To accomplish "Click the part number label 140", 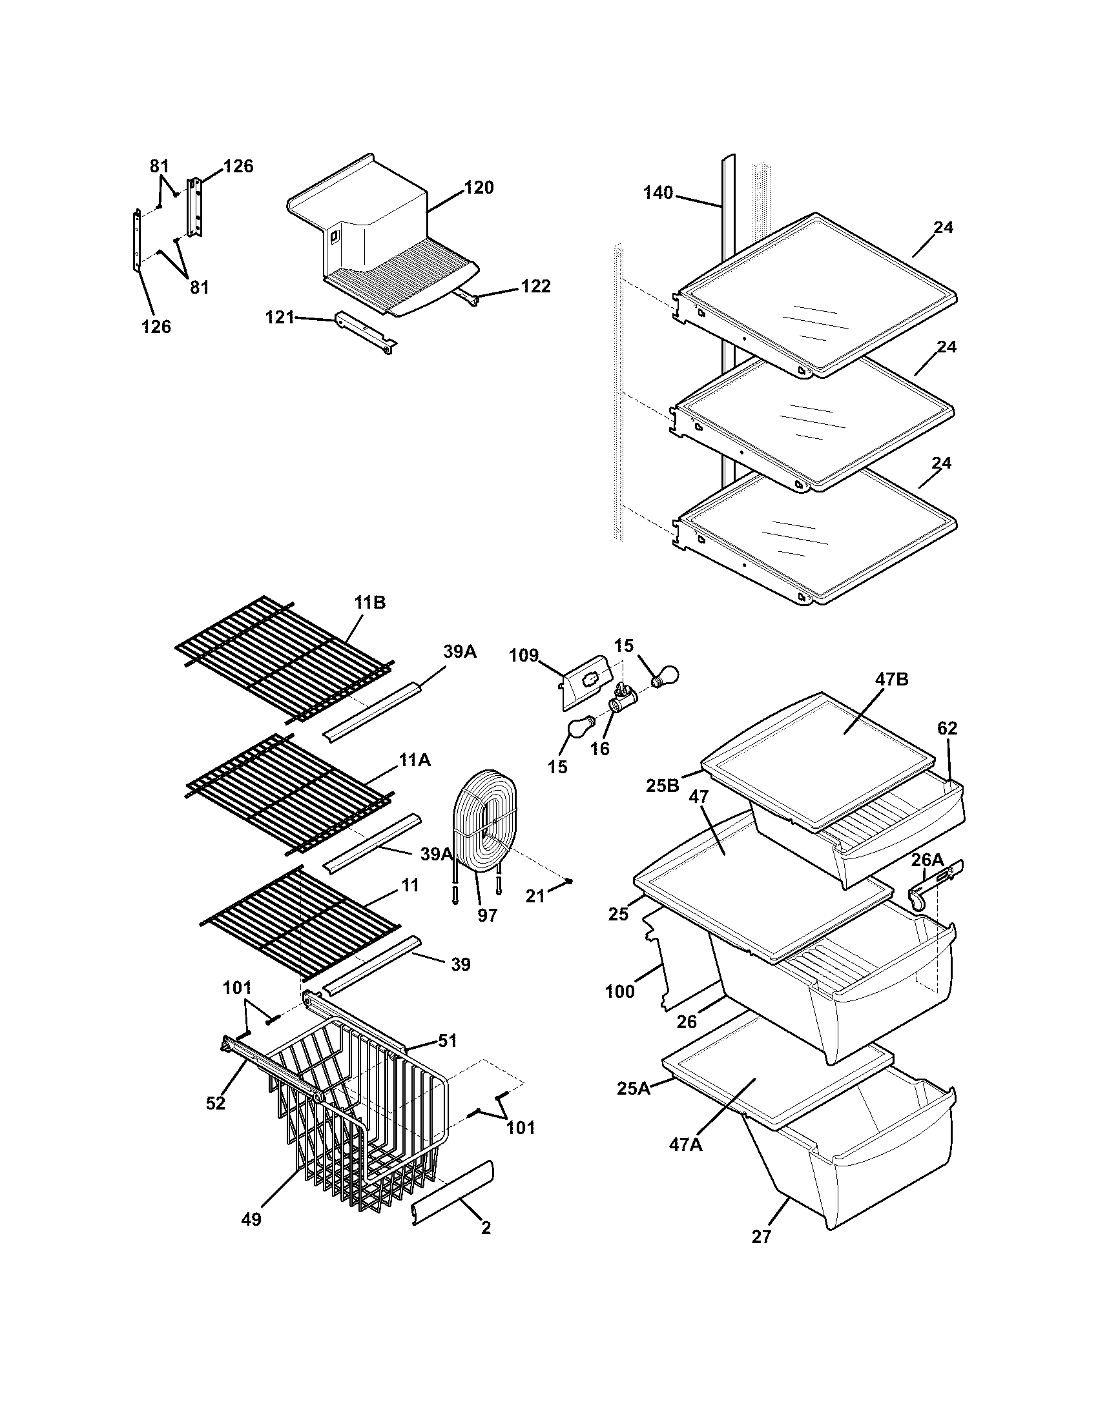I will tap(658, 193).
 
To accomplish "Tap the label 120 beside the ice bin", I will tap(479, 188).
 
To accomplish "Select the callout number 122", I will tap(535, 286).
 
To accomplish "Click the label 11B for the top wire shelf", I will tap(370, 603).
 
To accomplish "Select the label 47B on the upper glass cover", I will tap(892, 680).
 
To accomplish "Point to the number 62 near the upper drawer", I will tap(947, 729).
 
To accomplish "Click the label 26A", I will tap(927, 860).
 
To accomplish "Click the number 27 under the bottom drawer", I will tap(761, 1237).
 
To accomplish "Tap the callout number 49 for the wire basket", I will tap(251, 1220).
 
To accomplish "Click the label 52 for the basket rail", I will tap(215, 1103).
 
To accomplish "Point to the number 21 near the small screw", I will tap(535, 897).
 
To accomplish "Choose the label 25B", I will tap(662, 786).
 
